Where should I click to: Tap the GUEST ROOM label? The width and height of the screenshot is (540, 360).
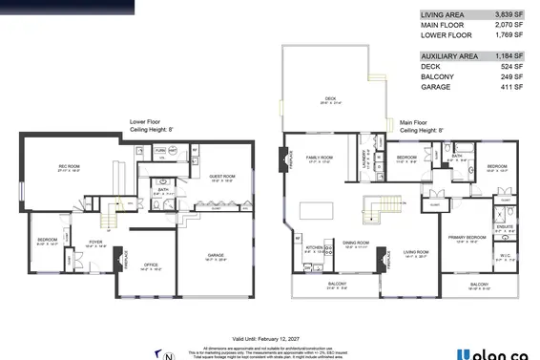coord(222,177)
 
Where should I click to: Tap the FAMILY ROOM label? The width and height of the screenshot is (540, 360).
coord(319,157)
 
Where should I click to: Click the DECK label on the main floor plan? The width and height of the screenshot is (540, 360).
coord(330,97)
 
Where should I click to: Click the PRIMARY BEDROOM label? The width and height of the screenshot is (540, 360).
coord(469,237)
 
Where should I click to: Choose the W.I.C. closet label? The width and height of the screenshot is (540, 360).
coord(506,255)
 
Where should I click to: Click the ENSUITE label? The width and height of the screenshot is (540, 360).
coord(505,226)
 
